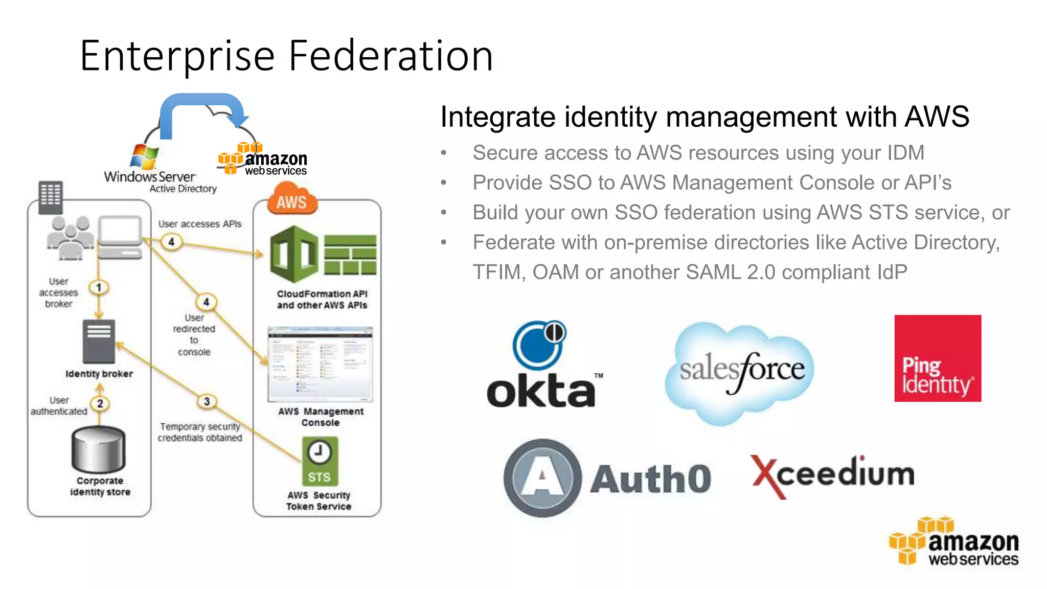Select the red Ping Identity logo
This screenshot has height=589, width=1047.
(x=937, y=358)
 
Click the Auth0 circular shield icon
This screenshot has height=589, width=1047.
(x=542, y=478)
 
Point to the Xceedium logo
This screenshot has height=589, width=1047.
(x=832, y=475)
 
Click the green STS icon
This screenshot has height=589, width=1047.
(x=320, y=461)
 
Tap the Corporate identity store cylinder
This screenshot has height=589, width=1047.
(x=98, y=450)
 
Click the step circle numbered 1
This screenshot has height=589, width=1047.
(x=99, y=287)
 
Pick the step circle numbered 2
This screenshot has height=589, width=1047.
(x=100, y=404)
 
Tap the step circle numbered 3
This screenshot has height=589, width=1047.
(x=207, y=401)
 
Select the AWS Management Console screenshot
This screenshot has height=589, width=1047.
(x=320, y=365)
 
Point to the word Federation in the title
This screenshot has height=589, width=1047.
(x=391, y=56)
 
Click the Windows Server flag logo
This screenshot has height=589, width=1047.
(x=144, y=156)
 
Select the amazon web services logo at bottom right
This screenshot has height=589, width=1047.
(x=954, y=542)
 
